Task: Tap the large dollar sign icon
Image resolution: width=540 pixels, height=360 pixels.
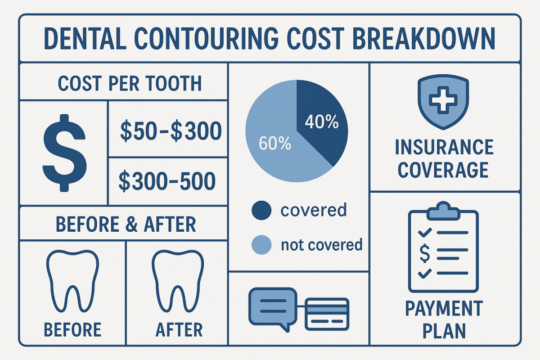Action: [64, 153]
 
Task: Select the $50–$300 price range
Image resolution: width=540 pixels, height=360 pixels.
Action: [171, 131]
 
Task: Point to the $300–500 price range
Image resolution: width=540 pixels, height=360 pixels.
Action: [167, 181]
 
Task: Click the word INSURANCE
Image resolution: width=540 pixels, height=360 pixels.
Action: [443, 148]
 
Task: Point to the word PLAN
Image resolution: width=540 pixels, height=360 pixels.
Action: [443, 331]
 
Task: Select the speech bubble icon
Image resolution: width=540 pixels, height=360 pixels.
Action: [273, 306]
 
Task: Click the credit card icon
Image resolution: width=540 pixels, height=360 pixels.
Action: [327, 313]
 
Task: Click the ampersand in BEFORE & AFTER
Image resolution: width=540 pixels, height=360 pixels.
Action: [131, 224]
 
